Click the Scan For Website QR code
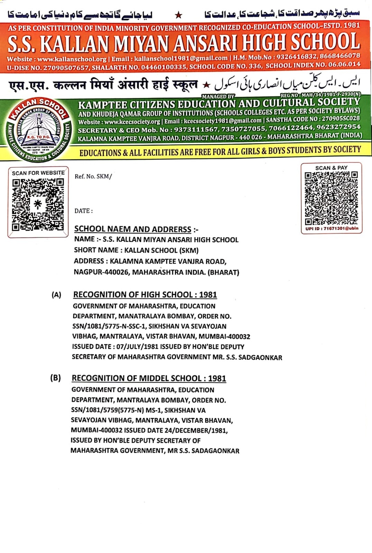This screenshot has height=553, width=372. tap(38, 204)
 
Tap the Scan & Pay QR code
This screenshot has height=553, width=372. tap(331, 198)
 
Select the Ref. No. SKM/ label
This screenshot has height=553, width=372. tap(93, 177)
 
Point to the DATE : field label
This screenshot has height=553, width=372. tap(83, 211)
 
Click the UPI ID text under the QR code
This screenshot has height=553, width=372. tap(332, 228)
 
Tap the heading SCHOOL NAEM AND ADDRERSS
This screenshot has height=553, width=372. tap(133, 229)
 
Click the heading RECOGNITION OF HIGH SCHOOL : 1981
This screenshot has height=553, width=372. tap(145, 295)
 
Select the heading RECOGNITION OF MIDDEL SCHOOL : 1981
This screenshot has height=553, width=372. tap(149, 378)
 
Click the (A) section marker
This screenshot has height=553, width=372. tap(56, 295)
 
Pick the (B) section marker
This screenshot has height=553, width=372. tap(55, 378)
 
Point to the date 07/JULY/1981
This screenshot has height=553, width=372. tap(138, 347)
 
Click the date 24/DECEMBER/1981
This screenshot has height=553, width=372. tap(189, 431)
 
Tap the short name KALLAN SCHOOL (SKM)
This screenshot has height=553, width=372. tap(161, 250)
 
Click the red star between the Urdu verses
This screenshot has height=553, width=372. tap(178, 15)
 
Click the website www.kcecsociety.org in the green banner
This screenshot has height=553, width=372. tap(132, 122)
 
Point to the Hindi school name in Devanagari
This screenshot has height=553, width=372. tap(103, 85)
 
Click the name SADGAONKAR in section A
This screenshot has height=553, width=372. tap(260, 357)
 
